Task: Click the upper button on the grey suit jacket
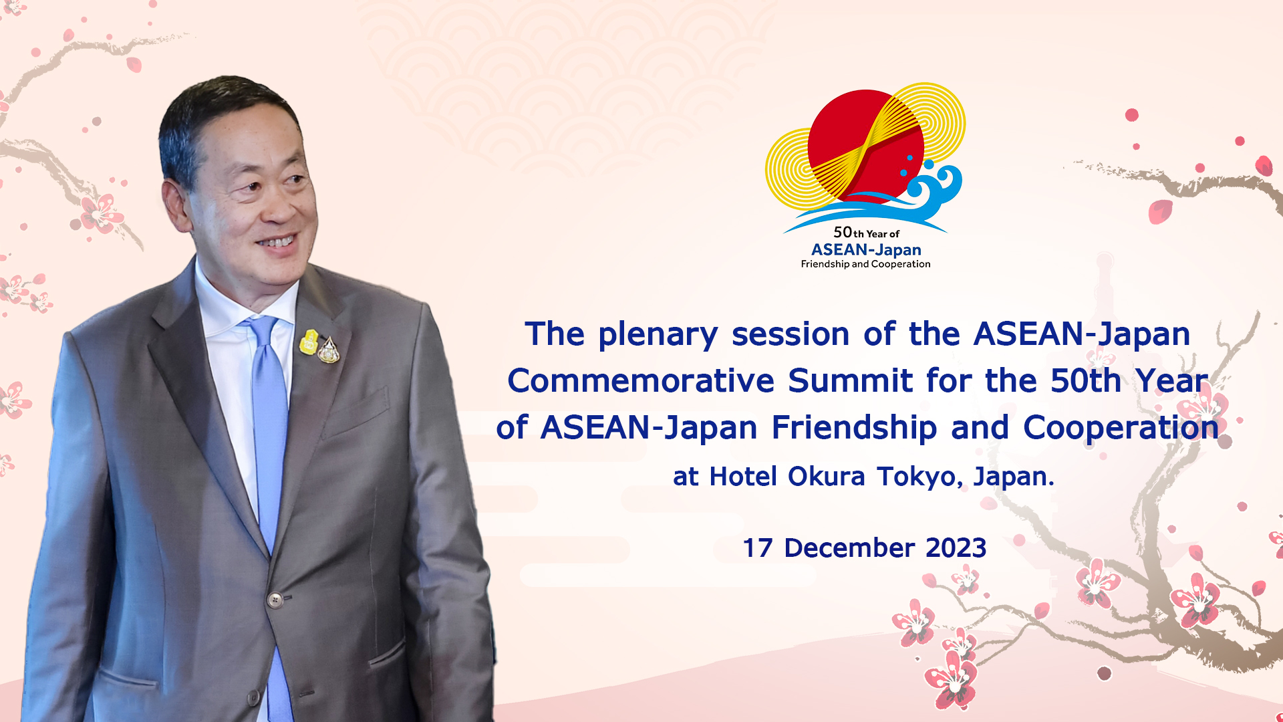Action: click(275, 600)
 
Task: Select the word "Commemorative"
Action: click(641, 381)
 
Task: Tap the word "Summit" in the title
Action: click(850, 381)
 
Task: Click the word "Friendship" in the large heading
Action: click(854, 429)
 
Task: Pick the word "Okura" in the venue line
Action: click(827, 477)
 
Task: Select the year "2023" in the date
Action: click(956, 548)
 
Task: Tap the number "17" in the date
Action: click(758, 548)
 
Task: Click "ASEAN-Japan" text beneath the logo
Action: click(866, 250)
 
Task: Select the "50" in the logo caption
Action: click(843, 232)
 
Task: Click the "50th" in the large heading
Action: click(1086, 381)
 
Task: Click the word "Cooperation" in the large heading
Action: click(1121, 429)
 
